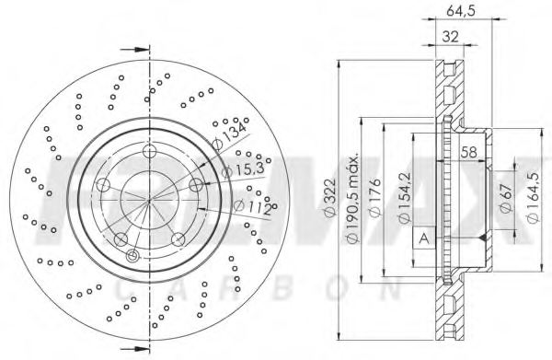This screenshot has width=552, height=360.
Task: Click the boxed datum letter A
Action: (x=423, y=238)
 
